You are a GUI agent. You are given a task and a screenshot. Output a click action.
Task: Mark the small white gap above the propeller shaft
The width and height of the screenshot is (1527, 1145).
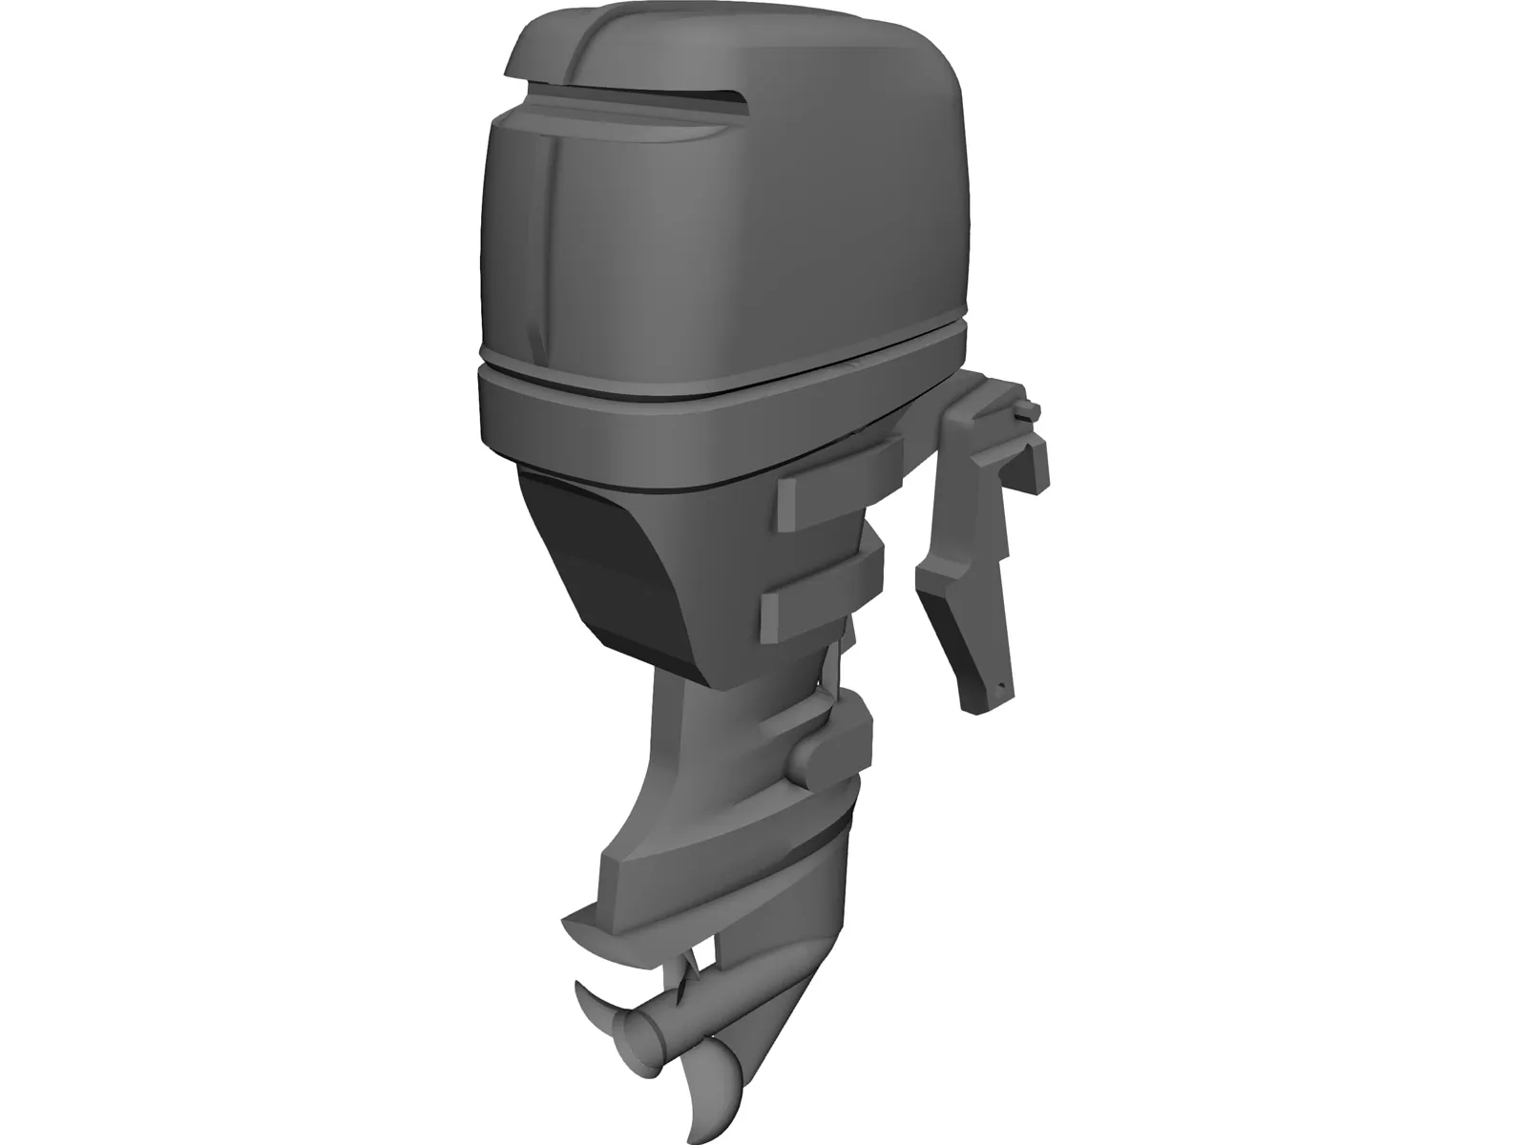[x=704, y=954]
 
